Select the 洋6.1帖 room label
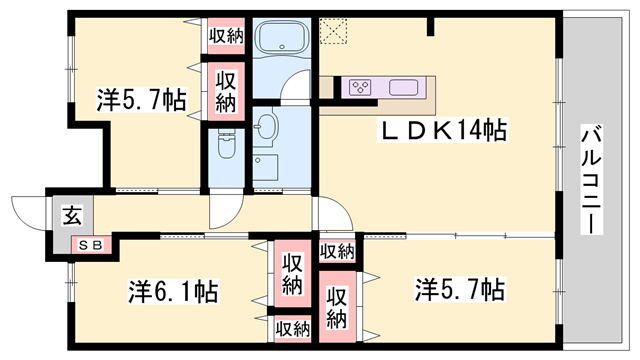(x=173, y=292)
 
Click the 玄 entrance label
(x=73, y=213)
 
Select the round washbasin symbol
(x=267, y=126)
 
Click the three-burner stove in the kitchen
(x=361, y=87)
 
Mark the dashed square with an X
(x=331, y=31)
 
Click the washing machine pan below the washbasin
(x=267, y=167)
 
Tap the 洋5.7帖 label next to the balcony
(x=459, y=290)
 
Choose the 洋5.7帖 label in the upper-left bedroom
(x=141, y=100)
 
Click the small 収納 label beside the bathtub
(x=227, y=36)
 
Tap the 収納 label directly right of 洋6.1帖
(x=292, y=274)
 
